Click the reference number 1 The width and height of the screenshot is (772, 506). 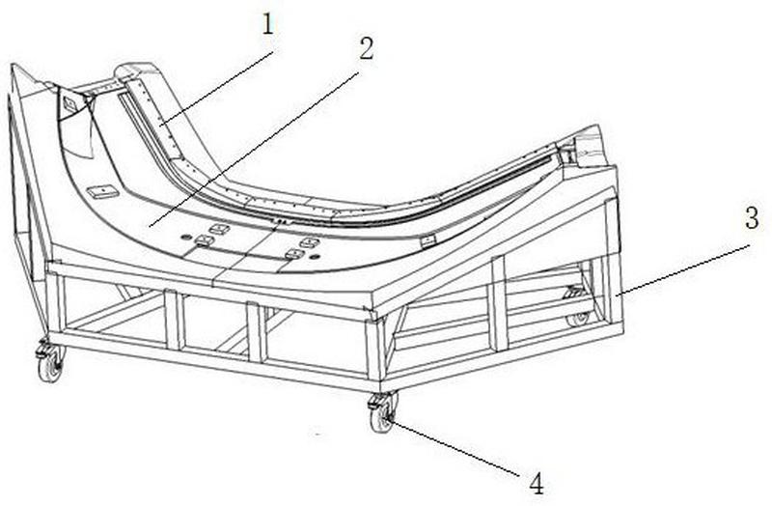[x=267, y=25]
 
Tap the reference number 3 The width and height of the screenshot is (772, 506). [x=752, y=218]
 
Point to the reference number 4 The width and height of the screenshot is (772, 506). [x=537, y=484]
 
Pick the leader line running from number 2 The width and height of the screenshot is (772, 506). [x=255, y=149]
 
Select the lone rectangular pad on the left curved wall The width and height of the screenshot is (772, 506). [x=103, y=191]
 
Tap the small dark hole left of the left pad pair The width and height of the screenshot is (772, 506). [x=185, y=238]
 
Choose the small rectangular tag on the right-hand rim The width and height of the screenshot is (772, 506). [x=428, y=240]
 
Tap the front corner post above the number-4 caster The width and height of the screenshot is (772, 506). [x=375, y=347]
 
